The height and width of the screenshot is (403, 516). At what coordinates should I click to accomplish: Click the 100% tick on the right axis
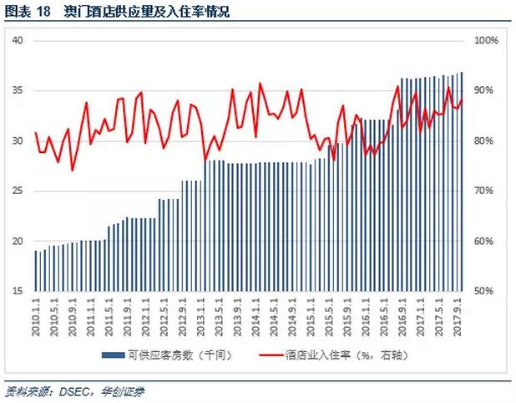[x=485, y=40]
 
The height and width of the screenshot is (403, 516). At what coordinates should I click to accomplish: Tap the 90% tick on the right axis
[x=485, y=90]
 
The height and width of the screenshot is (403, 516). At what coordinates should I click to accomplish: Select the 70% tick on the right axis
[x=485, y=191]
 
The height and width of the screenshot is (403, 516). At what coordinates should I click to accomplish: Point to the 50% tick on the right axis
[x=485, y=291]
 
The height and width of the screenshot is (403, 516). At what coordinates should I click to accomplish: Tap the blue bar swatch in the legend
[x=114, y=356]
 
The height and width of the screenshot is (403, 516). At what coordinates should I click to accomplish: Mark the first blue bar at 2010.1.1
[x=37, y=271]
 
